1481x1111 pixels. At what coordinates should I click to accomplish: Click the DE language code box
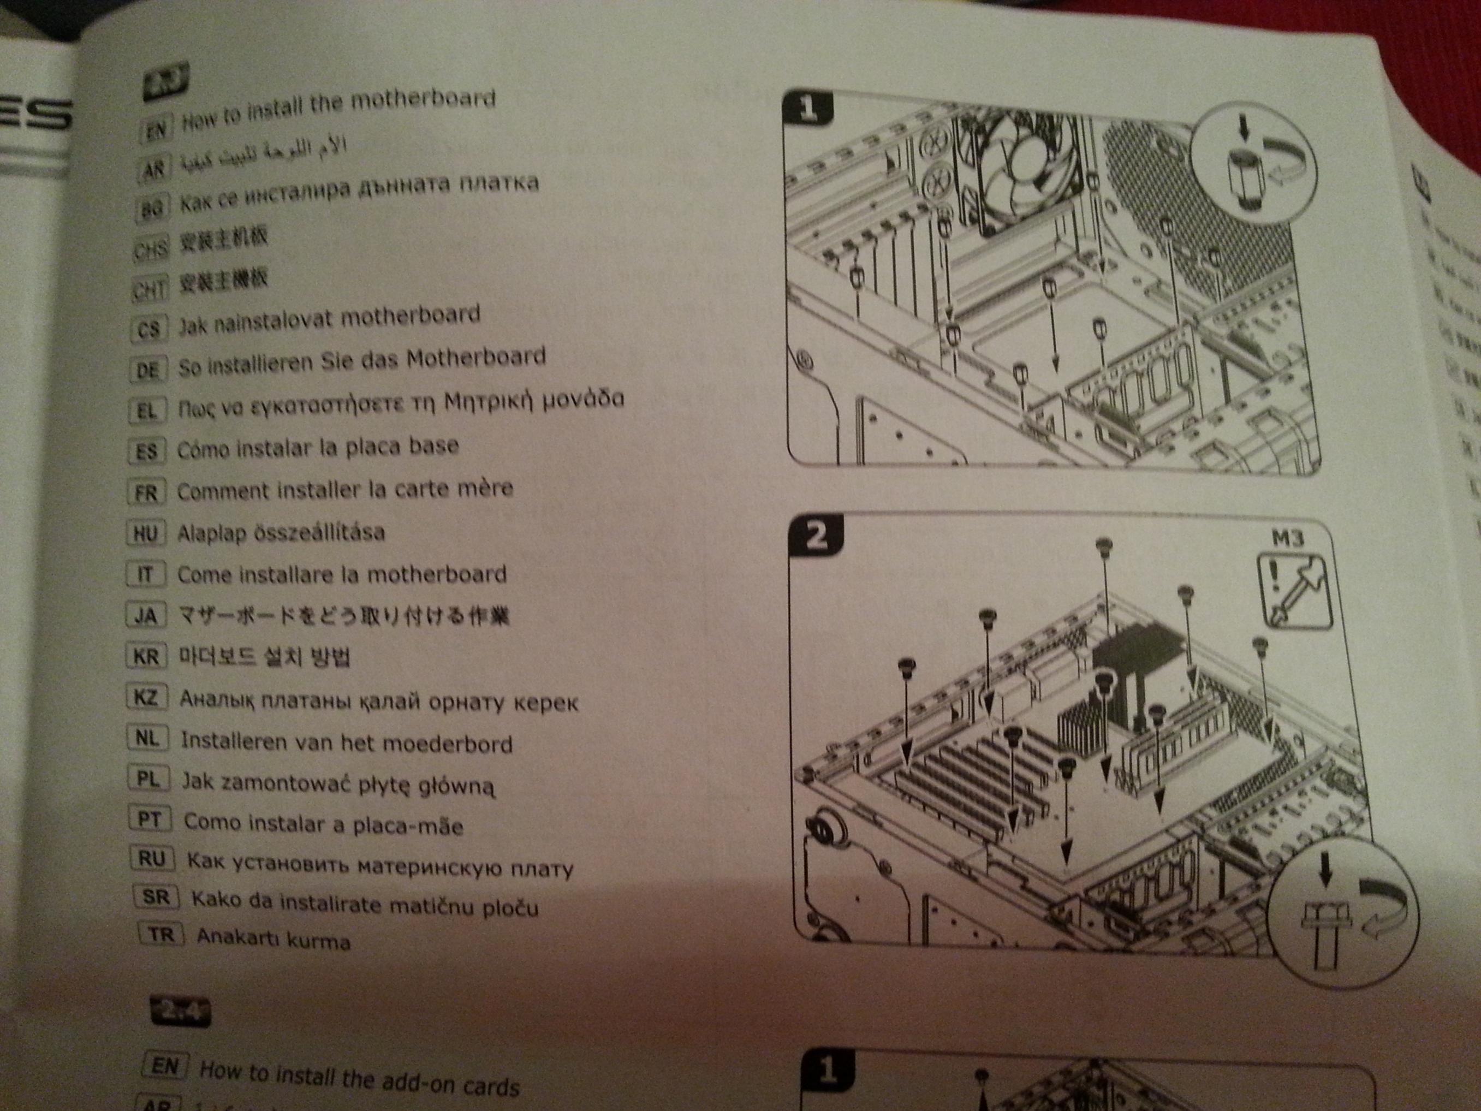pos(147,370)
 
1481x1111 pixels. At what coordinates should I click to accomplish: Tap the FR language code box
pos(146,494)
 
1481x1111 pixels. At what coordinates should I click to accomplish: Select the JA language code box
pos(145,615)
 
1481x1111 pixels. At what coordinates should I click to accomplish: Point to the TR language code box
pos(160,934)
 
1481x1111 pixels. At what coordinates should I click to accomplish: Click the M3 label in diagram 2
pos(1287,538)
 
